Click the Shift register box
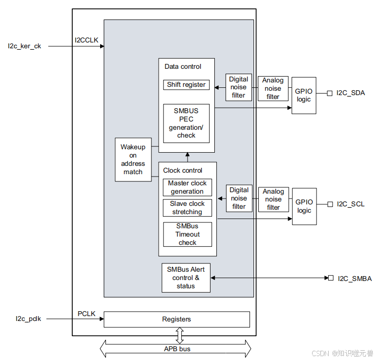point(186,85)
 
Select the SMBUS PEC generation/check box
point(186,123)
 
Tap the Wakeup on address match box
point(133,160)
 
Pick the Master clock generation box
point(187,187)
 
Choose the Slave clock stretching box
point(187,208)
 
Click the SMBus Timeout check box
point(187,234)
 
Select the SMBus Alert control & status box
point(186,278)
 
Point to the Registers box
point(177,319)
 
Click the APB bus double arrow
point(176,349)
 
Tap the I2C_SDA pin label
point(350,93)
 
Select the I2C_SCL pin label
point(350,204)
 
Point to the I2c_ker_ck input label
point(24,46)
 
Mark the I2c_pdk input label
point(28,319)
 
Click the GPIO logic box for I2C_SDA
point(304,95)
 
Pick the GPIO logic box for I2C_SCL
point(304,206)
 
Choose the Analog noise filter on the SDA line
point(273,88)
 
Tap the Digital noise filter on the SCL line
point(239,198)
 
